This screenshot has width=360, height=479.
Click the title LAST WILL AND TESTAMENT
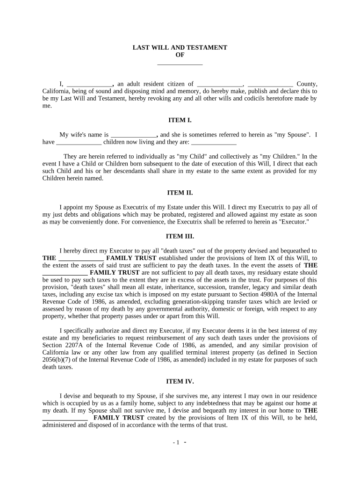click(x=180, y=48)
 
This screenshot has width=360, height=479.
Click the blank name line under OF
click(x=180, y=63)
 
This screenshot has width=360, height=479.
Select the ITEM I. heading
click(x=180, y=120)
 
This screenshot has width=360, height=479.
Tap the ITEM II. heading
click(x=180, y=192)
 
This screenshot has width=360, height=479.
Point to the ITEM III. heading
click(x=180, y=236)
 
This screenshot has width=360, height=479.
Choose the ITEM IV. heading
click(x=180, y=381)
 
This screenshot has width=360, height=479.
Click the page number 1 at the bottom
click(x=177, y=443)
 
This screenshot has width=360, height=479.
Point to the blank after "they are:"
click(x=214, y=142)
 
